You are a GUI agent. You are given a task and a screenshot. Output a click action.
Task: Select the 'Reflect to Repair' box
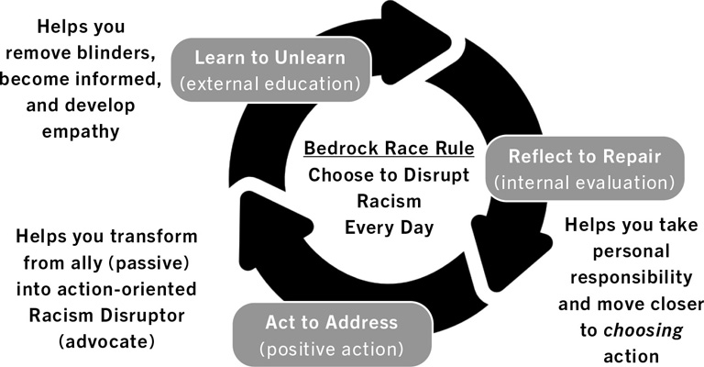click(x=584, y=167)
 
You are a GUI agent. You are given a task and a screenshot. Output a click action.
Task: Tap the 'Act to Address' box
click(x=331, y=334)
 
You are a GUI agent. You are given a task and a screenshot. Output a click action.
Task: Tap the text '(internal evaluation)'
click(x=584, y=181)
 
